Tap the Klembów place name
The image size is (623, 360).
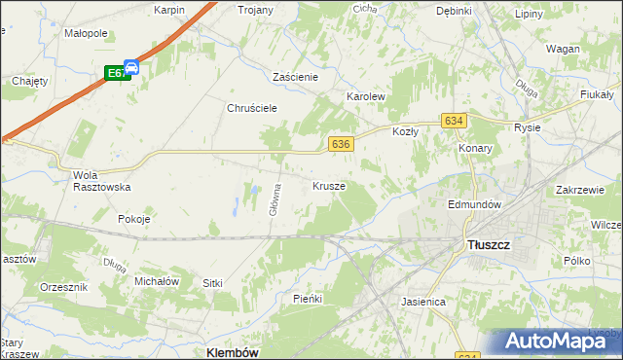point(233,352)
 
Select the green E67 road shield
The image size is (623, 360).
point(117,73)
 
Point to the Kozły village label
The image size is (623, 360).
point(405,130)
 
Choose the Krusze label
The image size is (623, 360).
point(329,185)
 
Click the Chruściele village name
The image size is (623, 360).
point(253,108)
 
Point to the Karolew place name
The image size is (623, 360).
point(367,97)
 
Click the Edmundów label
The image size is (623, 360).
point(474,204)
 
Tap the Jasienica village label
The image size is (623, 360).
point(423,302)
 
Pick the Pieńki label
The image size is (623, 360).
point(307,299)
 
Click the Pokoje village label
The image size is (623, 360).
point(133,219)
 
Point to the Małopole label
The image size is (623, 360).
point(85,32)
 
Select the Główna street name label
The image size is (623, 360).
point(277,198)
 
